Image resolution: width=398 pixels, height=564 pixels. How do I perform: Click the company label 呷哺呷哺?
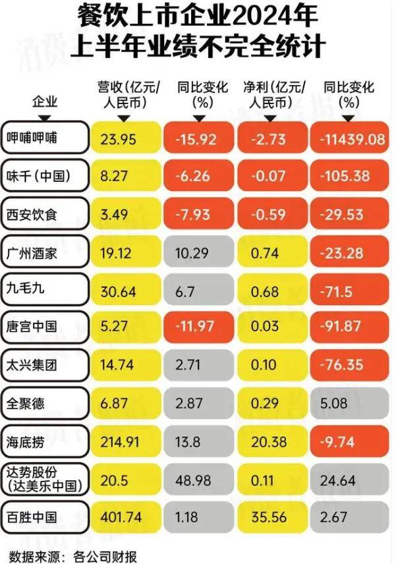44,138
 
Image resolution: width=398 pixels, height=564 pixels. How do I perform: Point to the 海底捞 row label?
44,439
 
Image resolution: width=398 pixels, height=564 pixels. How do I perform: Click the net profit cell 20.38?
270,439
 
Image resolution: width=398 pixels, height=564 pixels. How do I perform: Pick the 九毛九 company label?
44,289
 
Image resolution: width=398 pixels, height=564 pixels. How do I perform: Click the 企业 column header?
44,102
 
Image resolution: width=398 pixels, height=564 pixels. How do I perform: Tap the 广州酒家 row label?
44,251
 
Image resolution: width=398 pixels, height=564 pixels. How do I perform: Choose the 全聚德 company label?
44,401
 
